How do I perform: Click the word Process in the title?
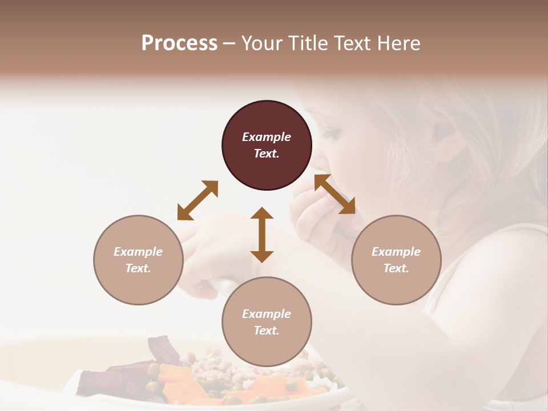tap(179, 43)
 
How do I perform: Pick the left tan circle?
tap(138, 260)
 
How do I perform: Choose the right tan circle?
tap(396, 260)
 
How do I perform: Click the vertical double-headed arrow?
tap(262, 235)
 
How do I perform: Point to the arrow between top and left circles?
tap(198, 200)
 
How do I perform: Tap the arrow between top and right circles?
tap(335, 194)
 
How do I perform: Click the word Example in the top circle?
tap(267, 137)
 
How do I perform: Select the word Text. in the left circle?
tap(138, 268)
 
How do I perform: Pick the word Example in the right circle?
tap(396, 252)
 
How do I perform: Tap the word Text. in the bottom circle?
tap(267, 331)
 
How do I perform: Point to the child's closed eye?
tap(333, 135)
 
